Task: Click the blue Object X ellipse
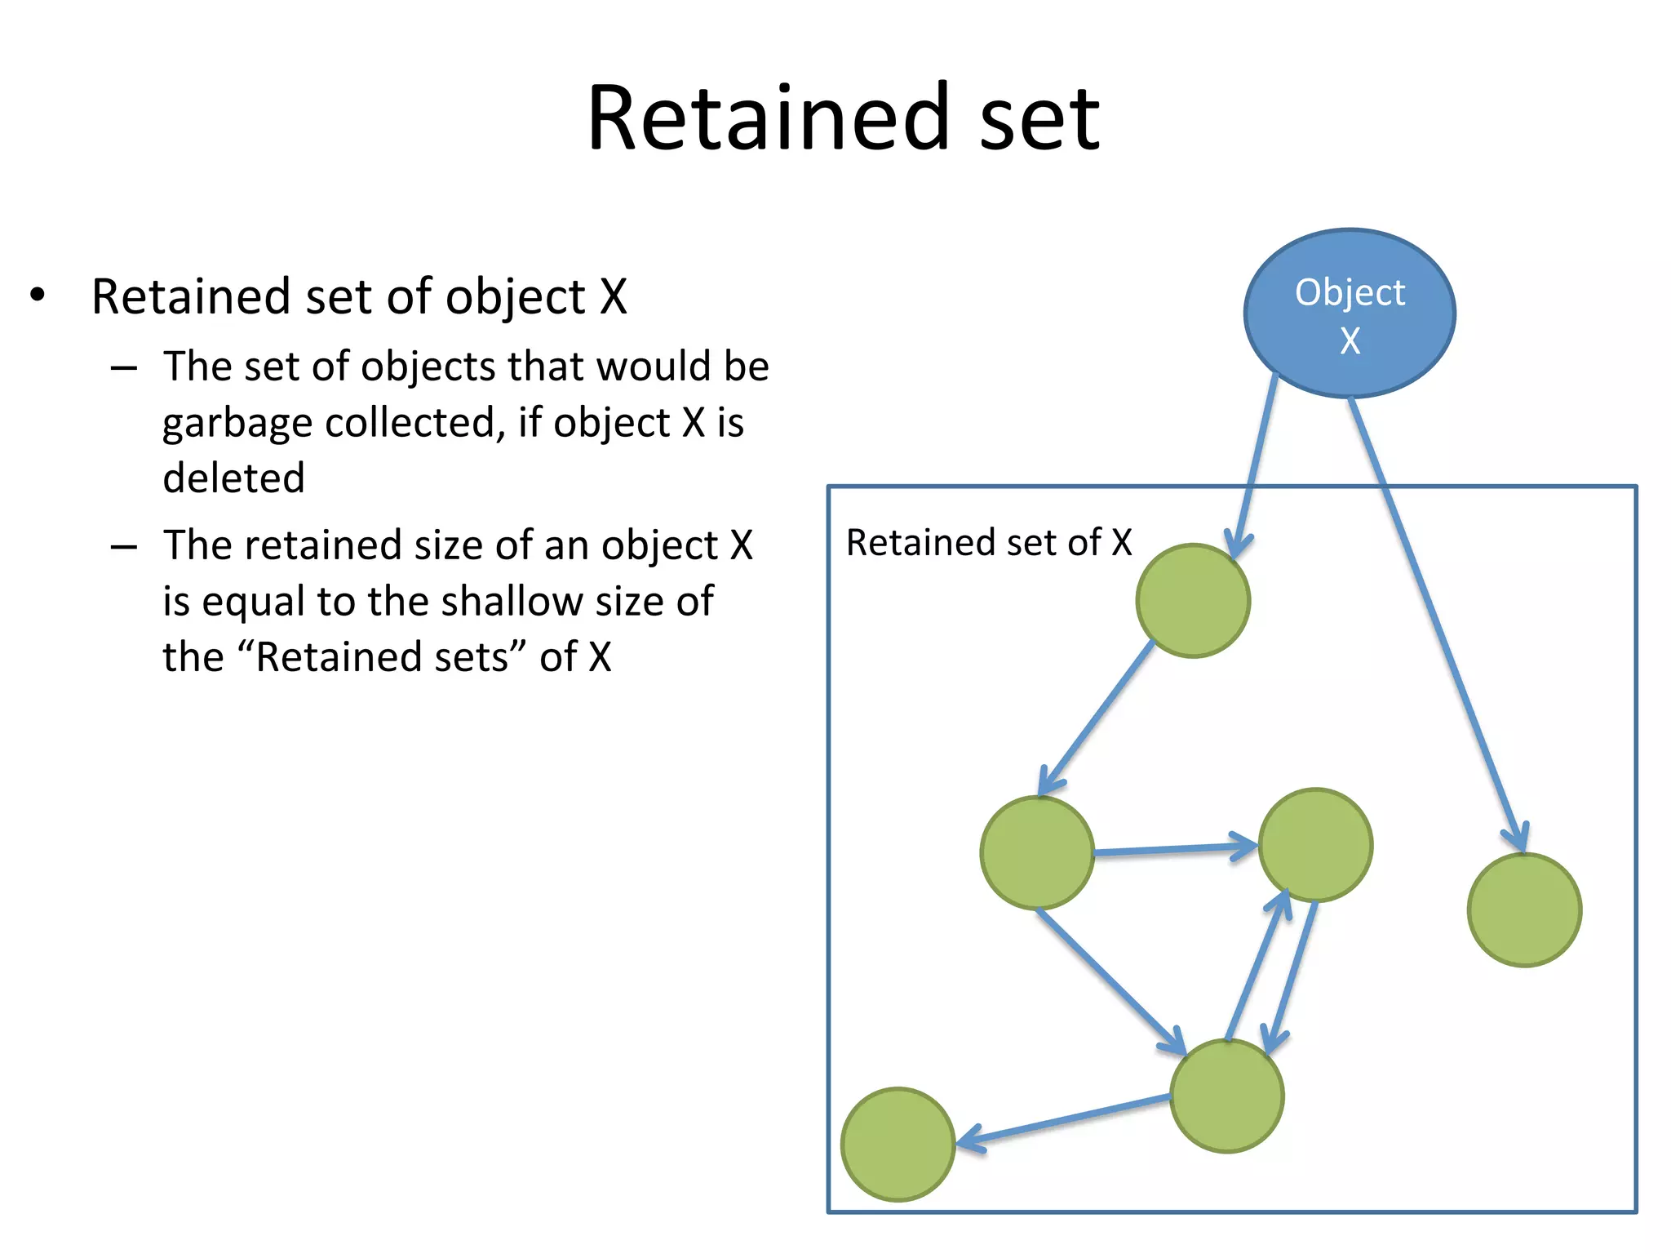pyautogui.click(x=1350, y=313)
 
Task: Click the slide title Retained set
pyautogui.click(x=844, y=119)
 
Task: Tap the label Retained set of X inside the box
pyautogui.click(x=989, y=543)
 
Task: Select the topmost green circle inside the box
pyautogui.click(x=1193, y=601)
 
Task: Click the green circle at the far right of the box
pyautogui.click(x=1524, y=910)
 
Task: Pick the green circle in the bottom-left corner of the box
pyautogui.click(x=898, y=1145)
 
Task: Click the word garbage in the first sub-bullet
pyautogui.click(x=236, y=423)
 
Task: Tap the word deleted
pyautogui.click(x=233, y=478)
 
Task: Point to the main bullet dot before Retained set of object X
pyautogui.click(x=38, y=295)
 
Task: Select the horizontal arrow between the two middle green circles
pyautogui.click(x=1175, y=850)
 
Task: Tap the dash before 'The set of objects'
pyautogui.click(x=124, y=368)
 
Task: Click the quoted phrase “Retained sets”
pyautogui.click(x=382, y=657)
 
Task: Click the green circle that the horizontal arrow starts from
pyautogui.click(x=1037, y=853)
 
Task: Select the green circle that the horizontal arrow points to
pyautogui.click(x=1315, y=845)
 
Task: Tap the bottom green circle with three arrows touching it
pyautogui.click(x=1227, y=1096)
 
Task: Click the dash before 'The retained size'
pyautogui.click(x=124, y=546)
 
